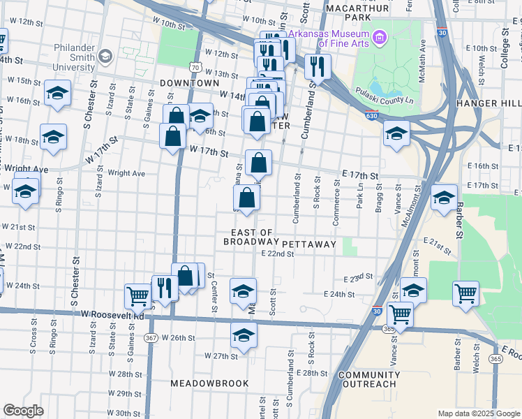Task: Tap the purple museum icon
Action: pyautogui.click(x=380, y=36)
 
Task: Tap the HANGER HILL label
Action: pyautogui.click(x=489, y=103)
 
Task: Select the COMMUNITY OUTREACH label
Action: pyautogui.click(x=369, y=379)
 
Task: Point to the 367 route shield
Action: pyautogui.click(x=151, y=337)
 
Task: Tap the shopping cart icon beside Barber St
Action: pyautogui.click(x=465, y=293)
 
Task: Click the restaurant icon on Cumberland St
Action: pyautogui.click(x=317, y=66)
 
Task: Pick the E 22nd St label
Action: pyautogui.click(x=277, y=254)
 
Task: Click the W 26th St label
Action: pyautogui.click(x=178, y=338)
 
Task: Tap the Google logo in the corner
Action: pyautogui.click(x=23, y=410)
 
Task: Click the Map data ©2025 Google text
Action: pyautogui.click(x=479, y=413)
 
